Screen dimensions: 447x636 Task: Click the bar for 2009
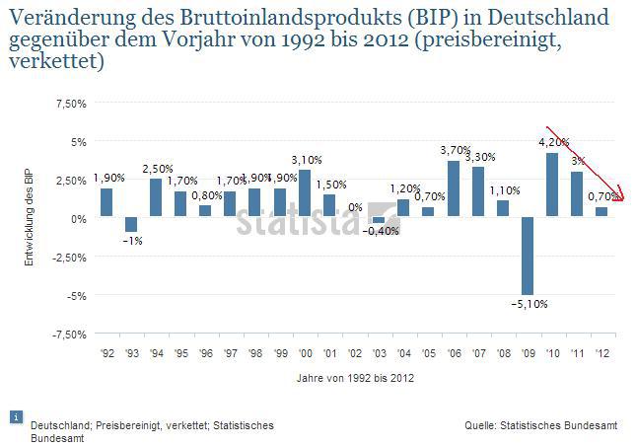tap(528, 256)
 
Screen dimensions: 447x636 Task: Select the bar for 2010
tap(552, 185)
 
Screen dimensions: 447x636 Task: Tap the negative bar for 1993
tap(131, 225)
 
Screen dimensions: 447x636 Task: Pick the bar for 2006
tap(454, 188)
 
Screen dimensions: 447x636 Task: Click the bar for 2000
tap(305, 193)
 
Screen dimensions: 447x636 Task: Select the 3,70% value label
tap(455, 150)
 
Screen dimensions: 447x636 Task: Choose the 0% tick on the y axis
tap(77, 218)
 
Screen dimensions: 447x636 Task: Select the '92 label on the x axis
tap(106, 352)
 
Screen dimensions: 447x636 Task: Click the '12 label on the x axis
tap(601, 352)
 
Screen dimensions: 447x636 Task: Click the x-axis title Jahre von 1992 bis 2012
tap(354, 378)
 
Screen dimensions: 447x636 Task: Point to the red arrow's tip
tap(623, 198)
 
